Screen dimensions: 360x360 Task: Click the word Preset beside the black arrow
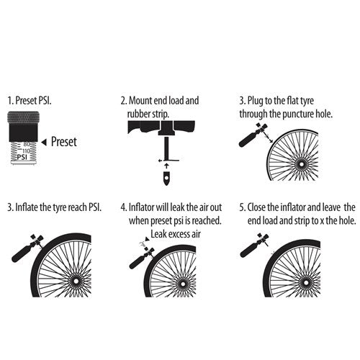coord(64,142)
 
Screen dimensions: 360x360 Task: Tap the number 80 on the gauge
coord(27,145)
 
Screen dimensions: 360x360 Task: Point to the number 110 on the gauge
coord(26,151)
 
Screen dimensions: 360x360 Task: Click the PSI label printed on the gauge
coord(22,158)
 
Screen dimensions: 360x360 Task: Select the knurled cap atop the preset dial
coord(23,117)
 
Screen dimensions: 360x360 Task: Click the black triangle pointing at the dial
coord(44,143)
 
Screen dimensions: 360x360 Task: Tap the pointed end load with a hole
coord(166,178)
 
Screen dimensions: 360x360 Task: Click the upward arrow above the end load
coord(167,166)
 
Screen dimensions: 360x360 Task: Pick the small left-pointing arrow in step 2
coord(160,161)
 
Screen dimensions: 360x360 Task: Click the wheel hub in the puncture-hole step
coord(301,165)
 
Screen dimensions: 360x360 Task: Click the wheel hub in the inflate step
coord(76,281)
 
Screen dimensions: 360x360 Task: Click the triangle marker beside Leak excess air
coord(147,239)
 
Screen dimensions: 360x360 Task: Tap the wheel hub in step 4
coord(183,284)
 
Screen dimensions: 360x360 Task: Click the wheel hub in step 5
coord(305,282)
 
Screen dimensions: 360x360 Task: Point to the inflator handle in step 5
coord(249,250)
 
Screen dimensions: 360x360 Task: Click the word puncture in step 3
coord(298,114)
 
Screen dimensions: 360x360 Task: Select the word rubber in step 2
coord(136,114)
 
